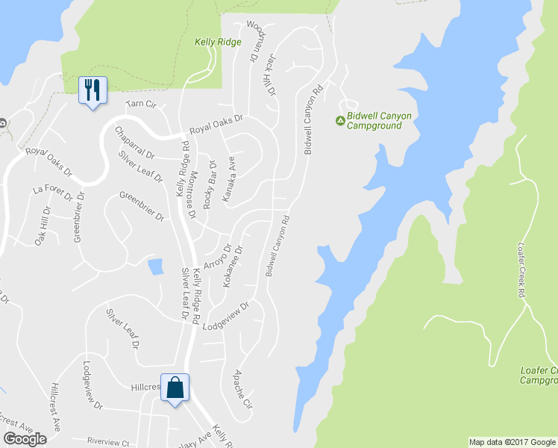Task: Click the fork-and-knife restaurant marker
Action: (93, 90)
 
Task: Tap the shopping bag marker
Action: (175, 388)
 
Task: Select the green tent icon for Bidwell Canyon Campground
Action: (340, 120)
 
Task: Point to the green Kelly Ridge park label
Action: (218, 42)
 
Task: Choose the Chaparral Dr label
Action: (134, 143)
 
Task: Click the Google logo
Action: (25, 439)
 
